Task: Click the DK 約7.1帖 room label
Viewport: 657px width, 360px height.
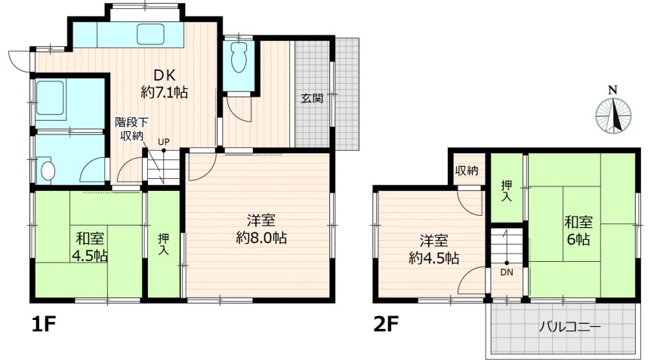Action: (165, 84)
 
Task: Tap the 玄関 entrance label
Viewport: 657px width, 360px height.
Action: (312, 99)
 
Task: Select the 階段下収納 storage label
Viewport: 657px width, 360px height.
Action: (131, 129)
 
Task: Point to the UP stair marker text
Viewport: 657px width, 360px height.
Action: (164, 142)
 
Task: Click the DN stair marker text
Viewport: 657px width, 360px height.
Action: (507, 272)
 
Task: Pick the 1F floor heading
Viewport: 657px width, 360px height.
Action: (45, 325)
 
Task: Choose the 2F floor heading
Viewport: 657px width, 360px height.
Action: (386, 325)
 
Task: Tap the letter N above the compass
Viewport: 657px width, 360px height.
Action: (613, 90)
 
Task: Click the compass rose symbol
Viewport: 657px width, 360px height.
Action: (613, 115)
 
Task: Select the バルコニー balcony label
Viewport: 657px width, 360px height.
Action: (570, 326)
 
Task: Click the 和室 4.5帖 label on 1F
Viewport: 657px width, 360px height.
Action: (90, 247)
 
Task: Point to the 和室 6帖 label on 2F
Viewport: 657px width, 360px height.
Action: (578, 231)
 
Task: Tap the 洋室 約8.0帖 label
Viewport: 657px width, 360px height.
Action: (261, 229)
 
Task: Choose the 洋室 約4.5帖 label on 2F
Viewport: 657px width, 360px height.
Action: (433, 249)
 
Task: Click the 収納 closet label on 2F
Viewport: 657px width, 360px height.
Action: (467, 171)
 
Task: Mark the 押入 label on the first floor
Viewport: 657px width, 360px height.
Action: (164, 245)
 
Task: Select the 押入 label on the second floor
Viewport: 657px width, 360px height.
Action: (507, 190)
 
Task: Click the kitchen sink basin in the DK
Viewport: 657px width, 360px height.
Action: (150, 33)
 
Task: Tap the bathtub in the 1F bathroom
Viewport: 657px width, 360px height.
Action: (50, 97)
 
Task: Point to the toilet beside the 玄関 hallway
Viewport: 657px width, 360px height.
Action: (238, 58)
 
